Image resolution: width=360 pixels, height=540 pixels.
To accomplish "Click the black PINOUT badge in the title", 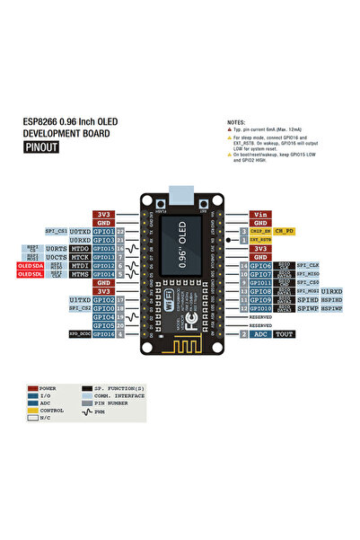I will [41, 147].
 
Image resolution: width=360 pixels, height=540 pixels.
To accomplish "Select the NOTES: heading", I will [236, 120].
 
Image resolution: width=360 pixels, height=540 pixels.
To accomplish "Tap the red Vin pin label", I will [261, 216].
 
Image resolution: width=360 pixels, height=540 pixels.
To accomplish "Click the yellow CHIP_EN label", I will [260, 232].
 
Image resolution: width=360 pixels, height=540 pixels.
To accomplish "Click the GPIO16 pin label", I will [103, 333].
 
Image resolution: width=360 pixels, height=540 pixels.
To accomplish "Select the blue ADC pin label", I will [261, 333].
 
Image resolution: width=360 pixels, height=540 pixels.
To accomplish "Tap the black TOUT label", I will [285, 333].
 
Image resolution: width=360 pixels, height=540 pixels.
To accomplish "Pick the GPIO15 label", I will [103, 249].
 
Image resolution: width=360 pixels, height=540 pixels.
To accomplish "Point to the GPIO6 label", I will [261, 266].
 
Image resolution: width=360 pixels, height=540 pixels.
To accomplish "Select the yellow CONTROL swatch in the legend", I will [32, 411].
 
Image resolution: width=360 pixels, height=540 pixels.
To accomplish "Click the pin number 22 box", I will [120, 232].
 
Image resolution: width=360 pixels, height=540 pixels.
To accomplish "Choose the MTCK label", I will [80, 257].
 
